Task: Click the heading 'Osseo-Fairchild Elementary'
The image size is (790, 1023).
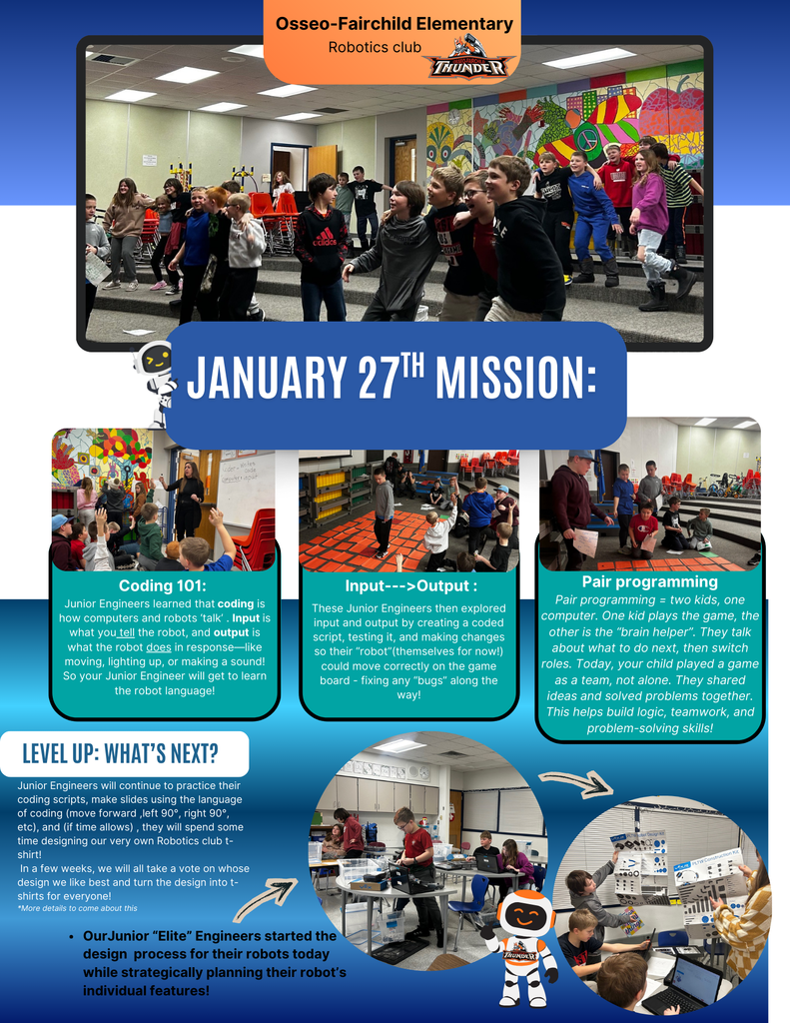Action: point(395,24)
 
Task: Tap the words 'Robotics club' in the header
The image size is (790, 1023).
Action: point(375,47)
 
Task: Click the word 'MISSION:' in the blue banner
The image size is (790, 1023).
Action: point(516,378)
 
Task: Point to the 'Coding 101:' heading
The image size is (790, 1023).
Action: point(163,585)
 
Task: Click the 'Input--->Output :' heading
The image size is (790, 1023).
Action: point(411,585)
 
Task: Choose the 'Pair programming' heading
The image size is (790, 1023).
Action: point(650,581)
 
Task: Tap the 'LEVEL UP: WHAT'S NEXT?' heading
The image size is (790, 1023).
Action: point(120,753)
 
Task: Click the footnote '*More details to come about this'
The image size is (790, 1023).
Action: point(77,908)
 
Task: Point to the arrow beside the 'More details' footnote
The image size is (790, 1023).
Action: point(265,899)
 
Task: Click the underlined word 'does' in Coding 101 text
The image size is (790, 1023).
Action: point(159,647)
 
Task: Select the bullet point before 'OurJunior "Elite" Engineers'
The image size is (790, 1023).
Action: point(71,936)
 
